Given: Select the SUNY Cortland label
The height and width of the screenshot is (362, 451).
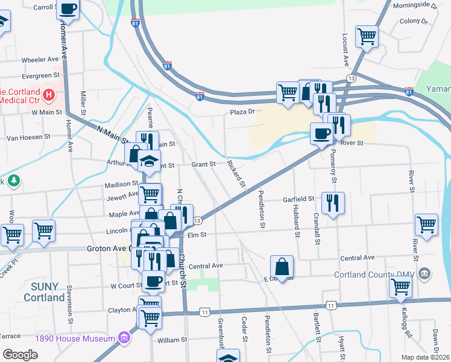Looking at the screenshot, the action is tap(44, 292).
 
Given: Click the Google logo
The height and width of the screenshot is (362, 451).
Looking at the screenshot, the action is tap(20, 354).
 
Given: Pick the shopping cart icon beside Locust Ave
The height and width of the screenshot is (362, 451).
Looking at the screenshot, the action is tap(367, 37).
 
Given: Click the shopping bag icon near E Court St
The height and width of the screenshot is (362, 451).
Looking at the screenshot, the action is tap(282, 265).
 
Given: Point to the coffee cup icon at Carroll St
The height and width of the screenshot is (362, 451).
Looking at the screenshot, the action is tap(69, 10).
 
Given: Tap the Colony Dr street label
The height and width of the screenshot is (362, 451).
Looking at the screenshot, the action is tap(414, 21).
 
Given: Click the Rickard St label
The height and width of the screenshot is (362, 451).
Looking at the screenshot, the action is tap(237, 174).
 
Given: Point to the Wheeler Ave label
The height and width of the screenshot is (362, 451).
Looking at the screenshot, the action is tap(40, 60).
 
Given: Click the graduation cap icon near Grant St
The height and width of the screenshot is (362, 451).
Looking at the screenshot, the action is tap(149, 160).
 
